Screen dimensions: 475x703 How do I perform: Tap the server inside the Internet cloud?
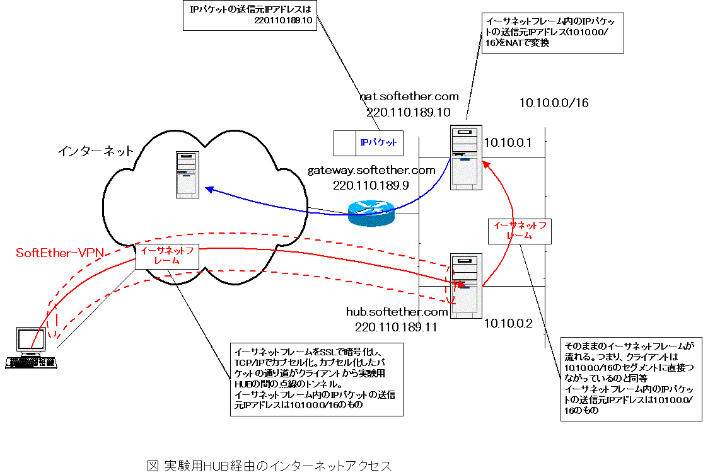pyautogui.click(x=187, y=175)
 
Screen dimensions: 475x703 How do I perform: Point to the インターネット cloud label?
pyautogui.click(x=96, y=151)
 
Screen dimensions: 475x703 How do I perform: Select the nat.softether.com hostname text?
pyautogui.click(x=409, y=97)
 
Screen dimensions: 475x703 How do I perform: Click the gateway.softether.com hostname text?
pyautogui.click(x=371, y=171)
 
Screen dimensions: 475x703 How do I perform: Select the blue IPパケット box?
pyautogui.click(x=368, y=143)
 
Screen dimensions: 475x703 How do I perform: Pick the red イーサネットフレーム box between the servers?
pyautogui.click(x=521, y=231)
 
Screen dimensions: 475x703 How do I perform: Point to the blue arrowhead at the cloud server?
pyautogui.click(x=209, y=189)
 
